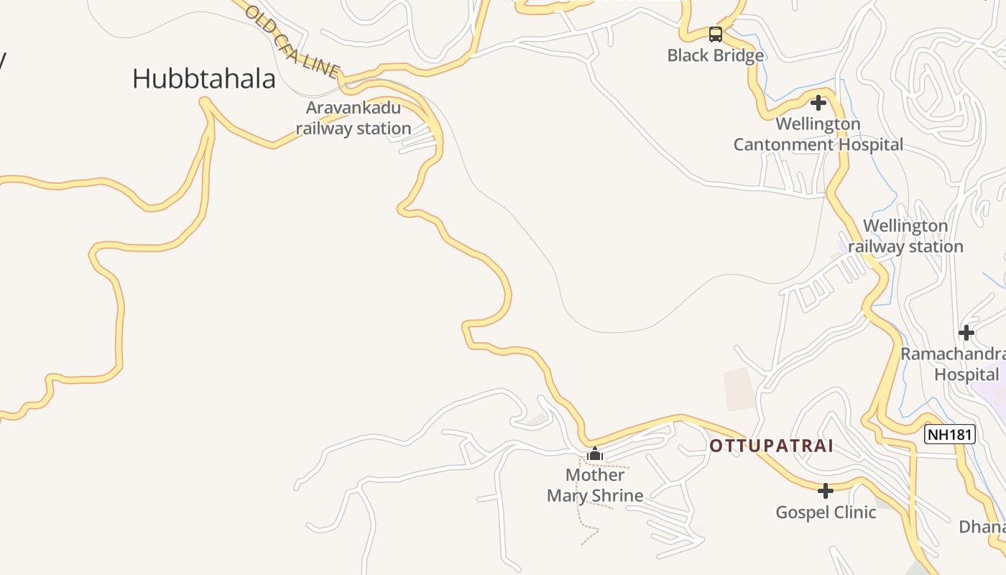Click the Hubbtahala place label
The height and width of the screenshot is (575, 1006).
pyautogui.click(x=203, y=79)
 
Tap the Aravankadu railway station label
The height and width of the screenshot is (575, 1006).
pyautogui.click(x=353, y=119)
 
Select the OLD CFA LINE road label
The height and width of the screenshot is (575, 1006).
pyautogui.click(x=291, y=41)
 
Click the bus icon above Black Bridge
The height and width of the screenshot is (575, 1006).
pyautogui.click(x=715, y=34)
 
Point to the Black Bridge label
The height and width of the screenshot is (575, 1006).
pyautogui.click(x=715, y=55)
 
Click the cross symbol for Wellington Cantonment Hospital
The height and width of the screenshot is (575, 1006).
pyautogui.click(x=818, y=103)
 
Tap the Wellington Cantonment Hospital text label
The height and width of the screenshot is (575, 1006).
pyautogui.click(x=818, y=134)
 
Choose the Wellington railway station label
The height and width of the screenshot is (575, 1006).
pyautogui.click(x=905, y=236)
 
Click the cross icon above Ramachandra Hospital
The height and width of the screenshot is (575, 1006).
pyautogui.click(x=966, y=333)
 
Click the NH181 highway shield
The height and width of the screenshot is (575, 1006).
pyautogui.click(x=949, y=434)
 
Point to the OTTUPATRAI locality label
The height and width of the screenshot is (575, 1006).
pyautogui.click(x=771, y=446)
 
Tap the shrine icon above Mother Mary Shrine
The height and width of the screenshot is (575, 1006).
pyautogui.click(x=594, y=454)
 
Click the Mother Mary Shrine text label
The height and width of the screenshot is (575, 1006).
pyautogui.click(x=595, y=485)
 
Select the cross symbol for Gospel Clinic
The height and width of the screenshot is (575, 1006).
pyautogui.click(x=826, y=491)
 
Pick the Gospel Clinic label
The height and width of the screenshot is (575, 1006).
pyautogui.click(x=826, y=512)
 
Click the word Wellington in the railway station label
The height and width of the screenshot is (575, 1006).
pyautogui.click(x=905, y=226)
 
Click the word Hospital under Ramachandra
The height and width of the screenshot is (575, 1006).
pyautogui.click(x=966, y=375)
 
